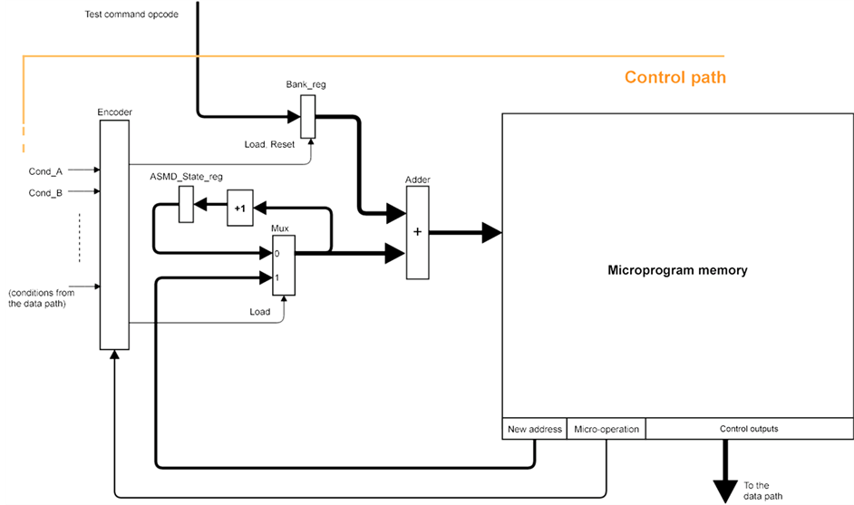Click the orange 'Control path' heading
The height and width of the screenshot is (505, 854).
point(674,78)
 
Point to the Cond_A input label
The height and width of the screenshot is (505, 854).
point(45,170)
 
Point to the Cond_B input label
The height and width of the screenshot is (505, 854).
point(45,192)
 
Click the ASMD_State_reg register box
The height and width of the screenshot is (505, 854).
point(186,204)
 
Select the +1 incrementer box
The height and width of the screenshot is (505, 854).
point(239,208)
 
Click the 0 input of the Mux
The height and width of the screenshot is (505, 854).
point(277,255)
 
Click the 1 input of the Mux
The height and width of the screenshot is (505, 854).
point(277,277)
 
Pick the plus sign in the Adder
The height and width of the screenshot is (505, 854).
point(418,231)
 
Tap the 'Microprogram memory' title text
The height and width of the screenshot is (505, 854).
point(677,270)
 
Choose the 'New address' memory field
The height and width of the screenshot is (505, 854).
point(535,429)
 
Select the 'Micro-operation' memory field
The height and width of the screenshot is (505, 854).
point(606,429)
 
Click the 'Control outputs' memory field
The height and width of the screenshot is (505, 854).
point(749,429)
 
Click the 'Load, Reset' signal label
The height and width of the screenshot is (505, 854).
point(269,144)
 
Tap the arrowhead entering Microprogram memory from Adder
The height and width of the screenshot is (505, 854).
point(490,232)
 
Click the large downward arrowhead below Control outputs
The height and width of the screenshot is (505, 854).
point(725,490)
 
